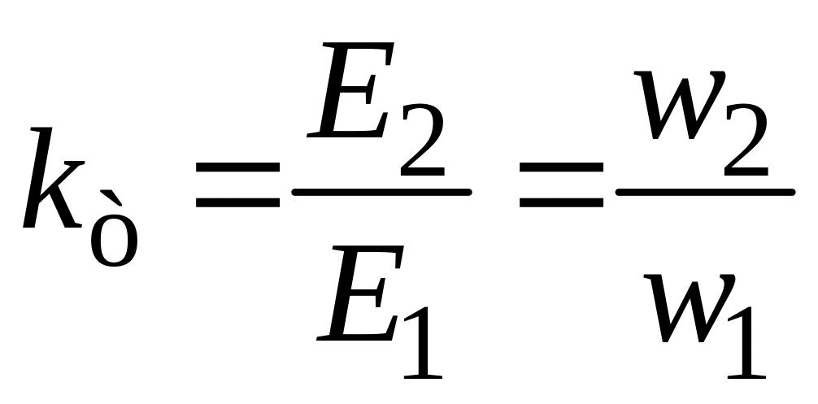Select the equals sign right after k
[237, 183]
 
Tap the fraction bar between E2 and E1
[381, 192]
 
